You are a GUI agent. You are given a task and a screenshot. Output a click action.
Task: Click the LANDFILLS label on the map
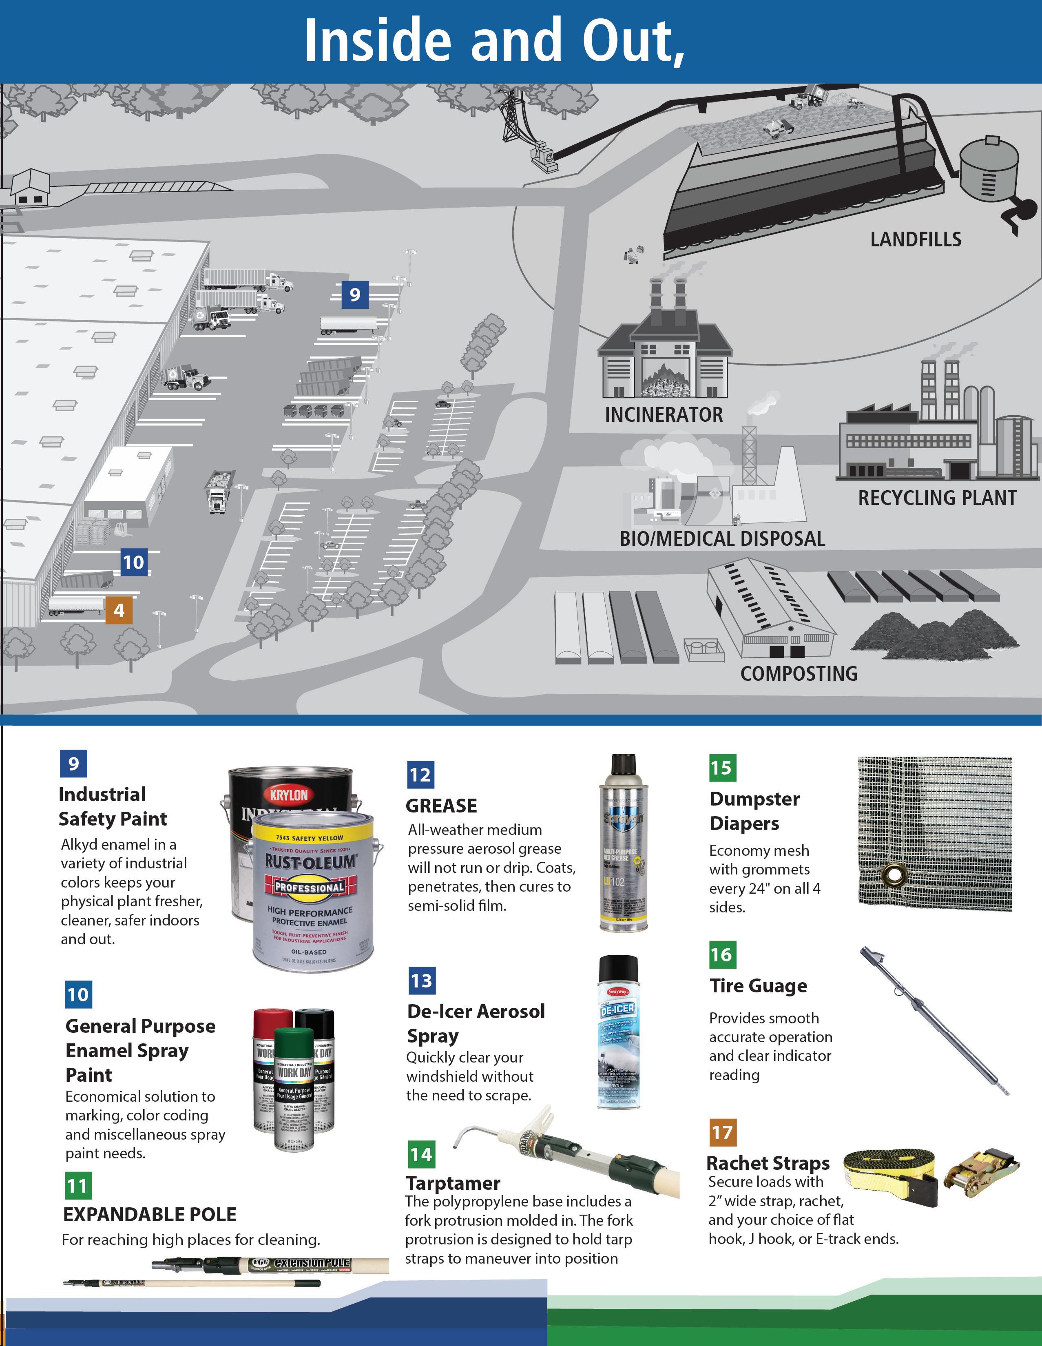(915, 239)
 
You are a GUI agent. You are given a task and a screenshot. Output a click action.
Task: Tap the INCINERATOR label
(664, 415)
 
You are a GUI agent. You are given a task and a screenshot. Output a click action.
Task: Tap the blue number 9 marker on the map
(355, 294)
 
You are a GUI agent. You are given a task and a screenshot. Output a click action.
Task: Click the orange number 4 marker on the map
(119, 610)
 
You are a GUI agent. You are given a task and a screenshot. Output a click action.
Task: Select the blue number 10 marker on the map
(134, 562)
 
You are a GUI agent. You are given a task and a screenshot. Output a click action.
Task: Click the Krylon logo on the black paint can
(288, 795)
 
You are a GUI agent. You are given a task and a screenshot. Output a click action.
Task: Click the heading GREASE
(441, 806)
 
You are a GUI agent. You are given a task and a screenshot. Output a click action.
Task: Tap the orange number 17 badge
(722, 1132)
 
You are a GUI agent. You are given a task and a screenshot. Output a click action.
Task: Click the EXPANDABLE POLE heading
(150, 1214)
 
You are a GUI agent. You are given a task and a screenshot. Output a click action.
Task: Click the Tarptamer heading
(453, 1183)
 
